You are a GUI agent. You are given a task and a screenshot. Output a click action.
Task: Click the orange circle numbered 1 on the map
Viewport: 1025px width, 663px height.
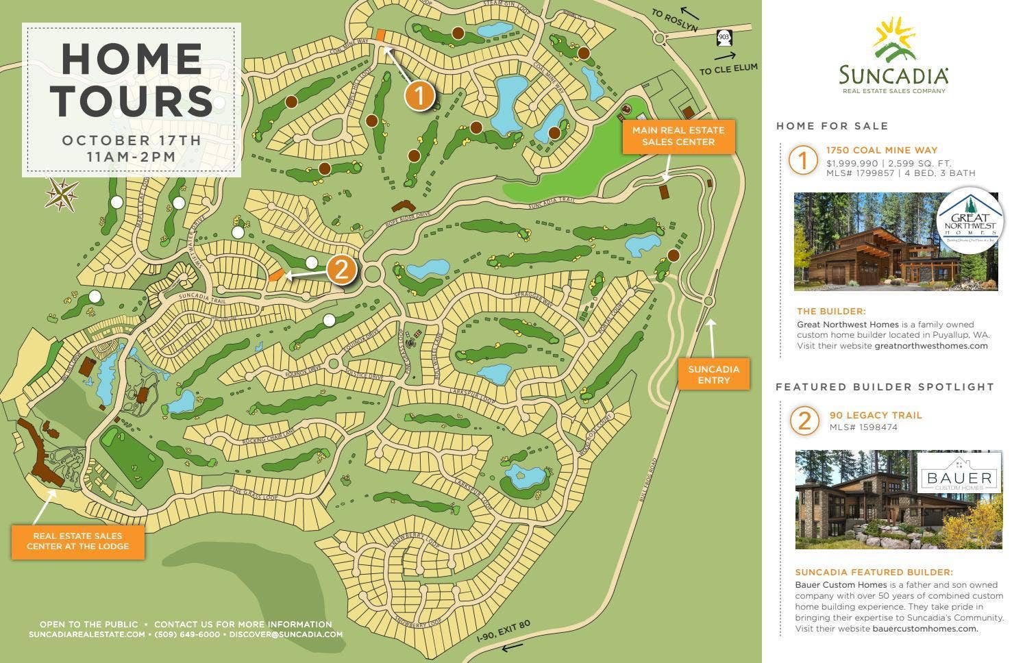[x=419, y=96]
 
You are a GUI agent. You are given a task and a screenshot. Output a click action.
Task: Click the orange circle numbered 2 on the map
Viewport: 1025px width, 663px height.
[x=341, y=270]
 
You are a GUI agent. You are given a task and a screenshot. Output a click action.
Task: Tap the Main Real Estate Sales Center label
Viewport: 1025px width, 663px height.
[x=678, y=136]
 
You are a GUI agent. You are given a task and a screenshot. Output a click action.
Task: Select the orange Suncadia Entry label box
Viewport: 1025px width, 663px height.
[x=713, y=374]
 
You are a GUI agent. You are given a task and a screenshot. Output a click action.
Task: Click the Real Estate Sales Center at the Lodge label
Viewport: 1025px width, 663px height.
[x=77, y=541]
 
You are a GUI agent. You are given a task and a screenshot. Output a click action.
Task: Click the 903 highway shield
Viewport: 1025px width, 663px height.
[x=724, y=36]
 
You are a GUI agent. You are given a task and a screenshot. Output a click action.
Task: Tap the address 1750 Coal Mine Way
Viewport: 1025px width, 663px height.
[x=881, y=150]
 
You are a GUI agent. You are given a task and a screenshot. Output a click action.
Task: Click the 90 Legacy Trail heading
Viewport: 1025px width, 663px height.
[x=875, y=415]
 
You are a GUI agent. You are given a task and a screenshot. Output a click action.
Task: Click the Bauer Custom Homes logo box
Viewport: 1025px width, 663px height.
[x=959, y=473]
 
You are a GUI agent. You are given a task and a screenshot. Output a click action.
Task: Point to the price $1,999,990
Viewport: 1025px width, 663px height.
[x=852, y=163]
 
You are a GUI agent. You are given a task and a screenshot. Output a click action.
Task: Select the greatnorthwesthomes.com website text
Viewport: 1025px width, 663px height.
[x=931, y=346]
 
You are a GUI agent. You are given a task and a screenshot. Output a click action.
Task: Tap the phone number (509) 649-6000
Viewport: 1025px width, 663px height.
[x=187, y=634]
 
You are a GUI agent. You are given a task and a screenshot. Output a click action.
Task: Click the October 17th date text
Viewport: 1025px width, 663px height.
[x=132, y=140]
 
